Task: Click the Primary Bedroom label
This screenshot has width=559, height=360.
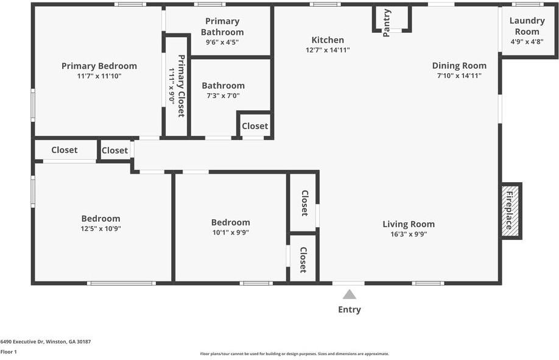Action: [99, 66]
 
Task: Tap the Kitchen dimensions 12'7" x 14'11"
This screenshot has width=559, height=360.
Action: [328, 50]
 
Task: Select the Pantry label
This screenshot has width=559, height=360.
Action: [387, 23]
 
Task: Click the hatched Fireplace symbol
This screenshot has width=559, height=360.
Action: [510, 211]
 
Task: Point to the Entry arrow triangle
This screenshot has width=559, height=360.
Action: [349, 295]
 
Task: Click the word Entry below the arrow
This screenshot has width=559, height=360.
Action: [349, 309]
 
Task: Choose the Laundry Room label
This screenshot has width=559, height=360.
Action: [527, 26]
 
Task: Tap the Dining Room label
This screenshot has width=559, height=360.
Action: [459, 66]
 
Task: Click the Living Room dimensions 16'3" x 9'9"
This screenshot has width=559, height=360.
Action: [408, 234]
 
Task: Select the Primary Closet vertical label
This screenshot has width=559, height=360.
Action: [181, 86]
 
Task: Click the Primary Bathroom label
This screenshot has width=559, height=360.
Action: [222, 27]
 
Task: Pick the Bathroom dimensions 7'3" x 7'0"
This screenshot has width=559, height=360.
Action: [223, 96]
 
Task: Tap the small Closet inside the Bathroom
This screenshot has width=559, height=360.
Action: [255, 126]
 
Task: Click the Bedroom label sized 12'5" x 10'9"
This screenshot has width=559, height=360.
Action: [100, 219]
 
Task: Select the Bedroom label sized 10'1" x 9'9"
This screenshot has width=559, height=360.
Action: [230, 222]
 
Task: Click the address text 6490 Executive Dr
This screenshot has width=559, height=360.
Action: [45, 342]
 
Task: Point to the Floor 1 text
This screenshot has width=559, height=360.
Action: [9, 351]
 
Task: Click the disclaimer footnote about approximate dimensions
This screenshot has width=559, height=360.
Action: [294, 353]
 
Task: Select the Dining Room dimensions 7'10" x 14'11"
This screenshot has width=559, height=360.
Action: [459, 76]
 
